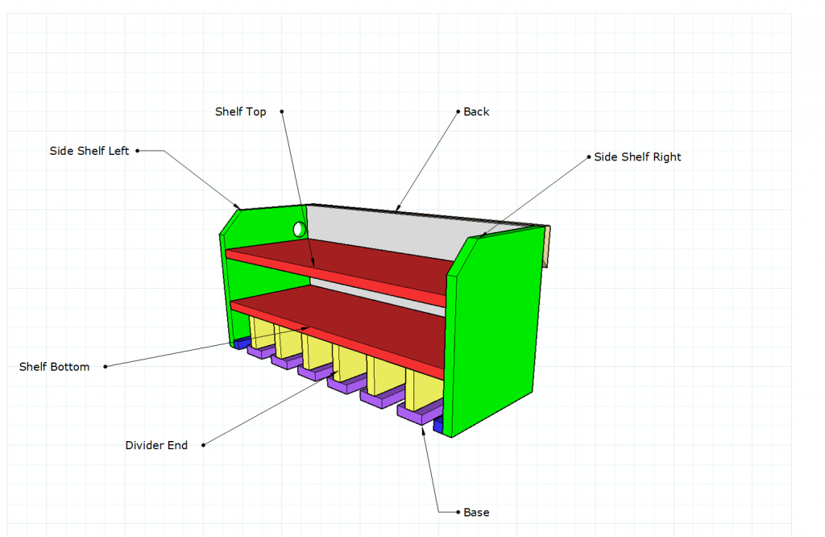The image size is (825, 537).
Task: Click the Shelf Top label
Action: tap(240, 111)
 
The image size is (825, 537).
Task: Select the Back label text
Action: tap(476, 111)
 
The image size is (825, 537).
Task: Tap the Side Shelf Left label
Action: tap(89, 151)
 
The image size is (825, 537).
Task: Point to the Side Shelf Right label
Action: tap(637, 157)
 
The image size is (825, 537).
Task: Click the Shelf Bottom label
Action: tap(54, 366)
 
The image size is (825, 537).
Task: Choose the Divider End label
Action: tap(156, 445)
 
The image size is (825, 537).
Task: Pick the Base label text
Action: tap(476, 512)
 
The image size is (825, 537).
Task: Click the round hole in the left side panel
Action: tap(300, 230)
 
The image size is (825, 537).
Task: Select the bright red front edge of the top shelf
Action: tap(336, 277)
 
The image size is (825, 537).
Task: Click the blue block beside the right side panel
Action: tap(438, 424)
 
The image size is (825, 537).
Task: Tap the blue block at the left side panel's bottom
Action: tap(241, 343)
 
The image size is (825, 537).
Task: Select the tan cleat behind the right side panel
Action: tap(547, 247)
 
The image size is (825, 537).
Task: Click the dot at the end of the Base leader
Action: tap(458, 512)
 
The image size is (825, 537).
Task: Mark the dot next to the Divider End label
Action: tap(204, 445)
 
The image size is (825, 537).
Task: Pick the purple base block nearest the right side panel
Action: tap(420, 411)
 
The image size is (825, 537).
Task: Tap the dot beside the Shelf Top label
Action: tap(281, 111)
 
